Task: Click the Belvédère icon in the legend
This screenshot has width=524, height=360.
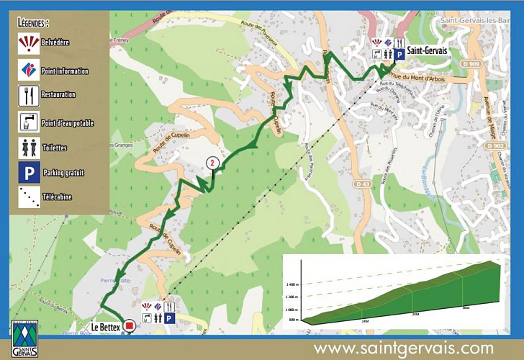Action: (x=29, y=43)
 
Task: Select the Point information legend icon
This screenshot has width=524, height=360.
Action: (x=29, y=70)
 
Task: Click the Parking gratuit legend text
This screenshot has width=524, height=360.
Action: (x=63, y=173)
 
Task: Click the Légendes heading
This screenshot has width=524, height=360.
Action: (x=34, y=22)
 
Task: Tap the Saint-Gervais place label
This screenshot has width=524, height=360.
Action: (x=427, y=50)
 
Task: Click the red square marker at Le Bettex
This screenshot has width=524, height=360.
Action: (x=129, y=326)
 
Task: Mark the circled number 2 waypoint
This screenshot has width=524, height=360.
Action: (x=212, y=163)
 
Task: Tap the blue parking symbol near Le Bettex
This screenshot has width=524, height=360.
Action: (x=170, y=318)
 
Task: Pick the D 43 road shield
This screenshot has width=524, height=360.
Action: (x=363, y=185)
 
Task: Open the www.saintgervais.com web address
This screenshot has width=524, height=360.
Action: (x=403, y=348)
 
